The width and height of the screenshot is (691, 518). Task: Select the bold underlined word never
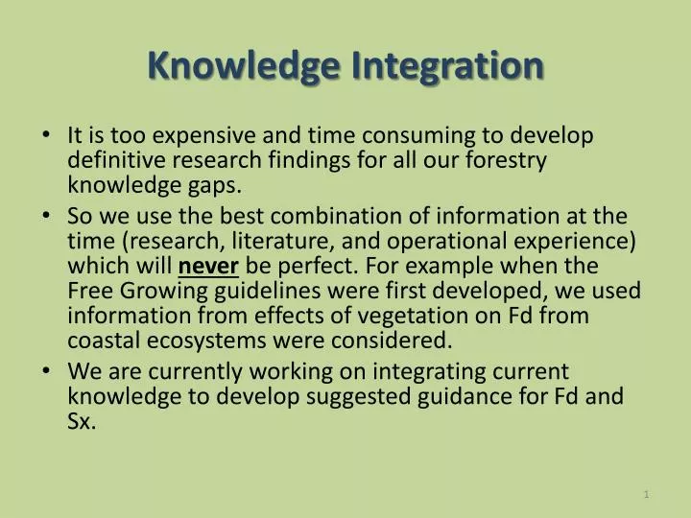[208, 265]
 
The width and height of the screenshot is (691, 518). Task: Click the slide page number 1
[647, 494]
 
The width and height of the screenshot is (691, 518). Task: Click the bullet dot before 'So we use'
[49, 216]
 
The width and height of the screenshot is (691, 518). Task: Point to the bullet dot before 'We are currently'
[49, 371]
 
